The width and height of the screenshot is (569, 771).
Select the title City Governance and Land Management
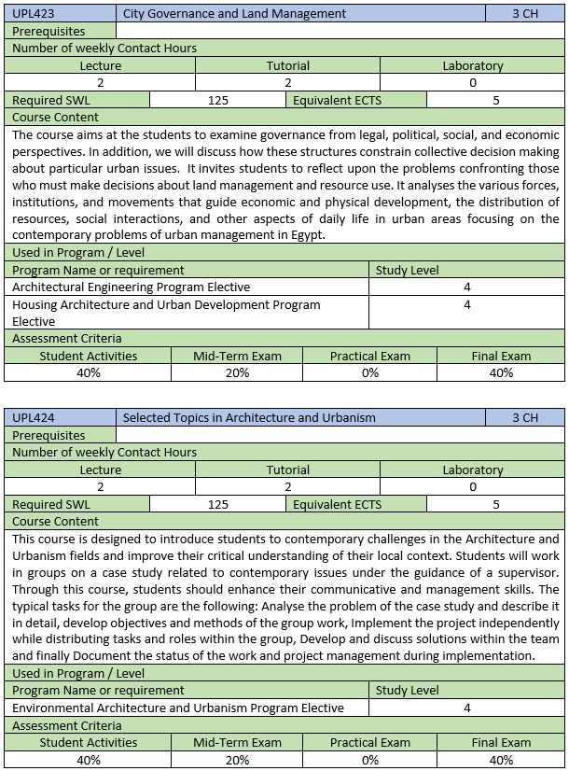pos(234,14)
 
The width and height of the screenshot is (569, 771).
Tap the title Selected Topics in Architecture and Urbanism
pos(249,418)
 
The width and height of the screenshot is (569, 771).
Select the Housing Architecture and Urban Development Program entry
pos(166,305)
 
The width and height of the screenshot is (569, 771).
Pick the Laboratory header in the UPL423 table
pos(472,66)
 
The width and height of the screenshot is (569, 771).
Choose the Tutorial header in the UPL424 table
pos(287,470)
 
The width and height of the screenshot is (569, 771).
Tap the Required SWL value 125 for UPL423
pos(218,101)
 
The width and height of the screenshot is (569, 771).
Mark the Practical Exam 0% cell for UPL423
pos(370,373)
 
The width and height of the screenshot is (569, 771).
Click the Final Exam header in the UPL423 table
pos(501,356)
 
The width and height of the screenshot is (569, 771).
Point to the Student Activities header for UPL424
pos(88,743)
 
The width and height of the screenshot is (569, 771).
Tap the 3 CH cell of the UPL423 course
pos(525,14)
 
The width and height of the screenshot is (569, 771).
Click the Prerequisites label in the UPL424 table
pos(49,436)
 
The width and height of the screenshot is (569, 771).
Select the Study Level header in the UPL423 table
pos(407,271)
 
